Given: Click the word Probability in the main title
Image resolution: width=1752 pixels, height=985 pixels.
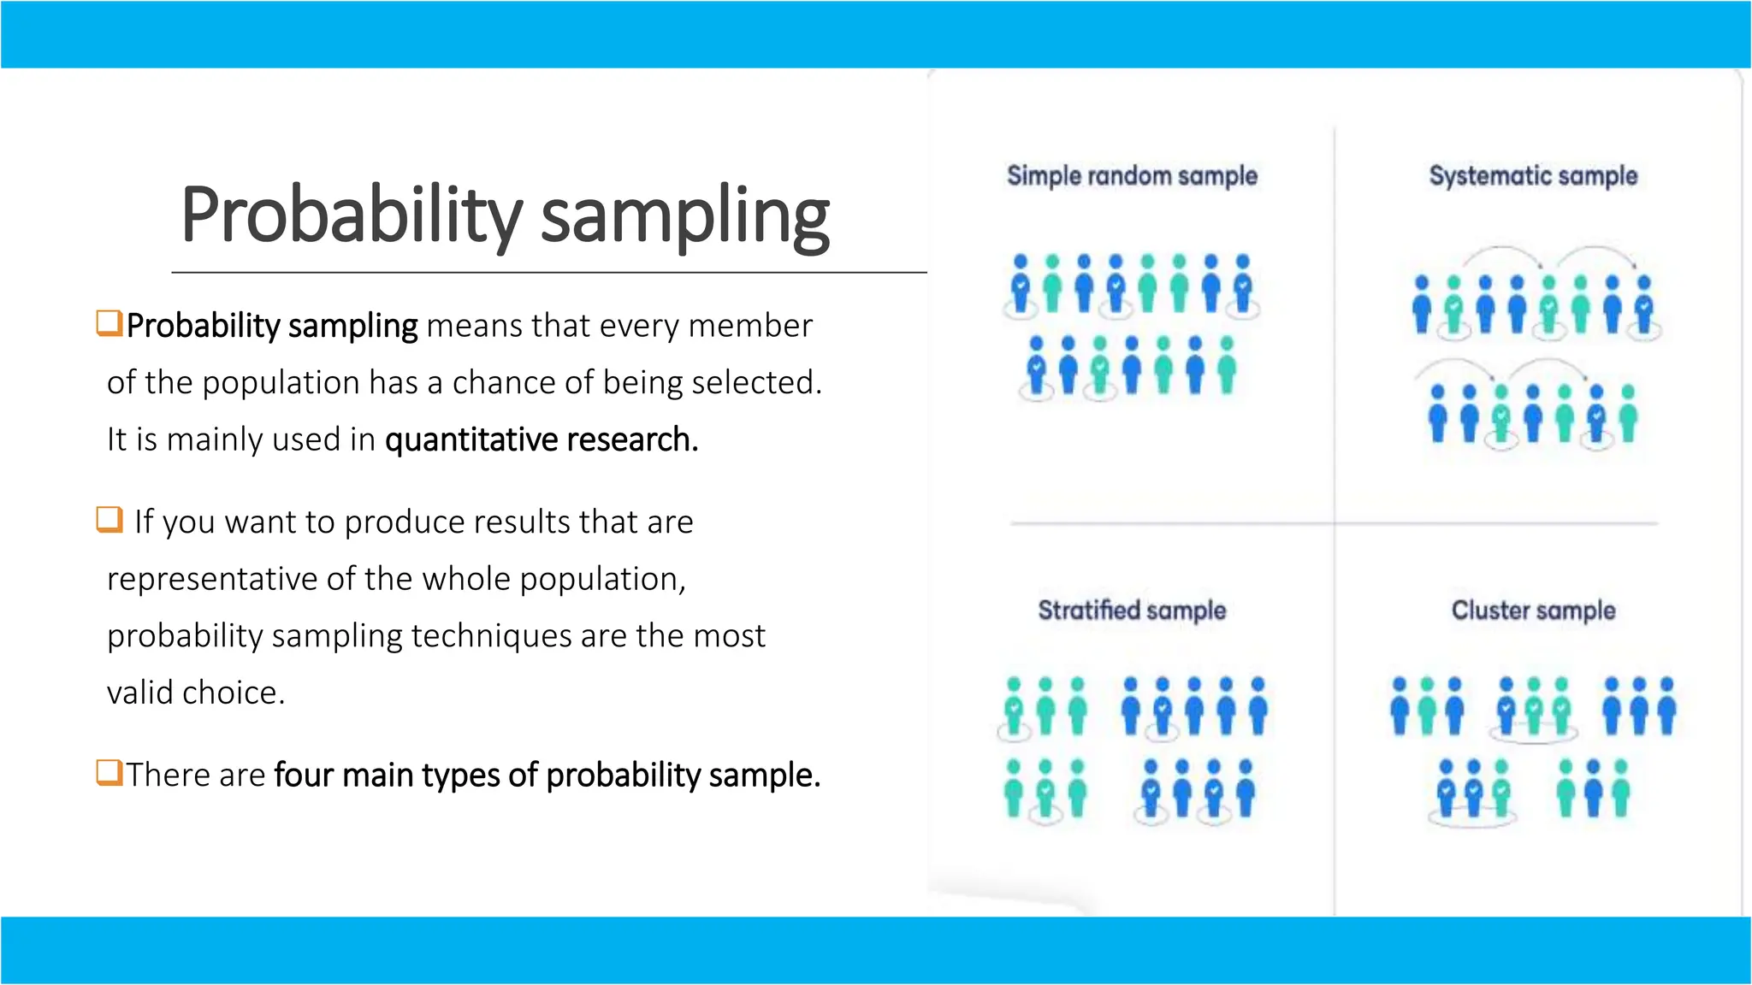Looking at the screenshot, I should [351, 215].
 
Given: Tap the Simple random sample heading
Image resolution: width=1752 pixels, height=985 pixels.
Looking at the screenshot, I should [1132, 176].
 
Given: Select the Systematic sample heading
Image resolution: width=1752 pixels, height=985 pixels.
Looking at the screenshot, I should [1533, 176].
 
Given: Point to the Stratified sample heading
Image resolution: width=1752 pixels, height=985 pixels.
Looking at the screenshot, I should [1132, 610].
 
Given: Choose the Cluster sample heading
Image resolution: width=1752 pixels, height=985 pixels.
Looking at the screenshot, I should [1533, 610].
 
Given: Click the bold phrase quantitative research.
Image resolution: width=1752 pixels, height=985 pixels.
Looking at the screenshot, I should [542, 439].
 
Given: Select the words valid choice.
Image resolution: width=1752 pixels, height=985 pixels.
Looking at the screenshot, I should [195, 693].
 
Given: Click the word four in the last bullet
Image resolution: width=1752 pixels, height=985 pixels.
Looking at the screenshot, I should [303, 775].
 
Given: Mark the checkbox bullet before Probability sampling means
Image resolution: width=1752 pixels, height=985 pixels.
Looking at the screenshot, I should [109, 323].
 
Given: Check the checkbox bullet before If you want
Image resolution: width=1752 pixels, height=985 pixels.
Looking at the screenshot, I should [109, 519].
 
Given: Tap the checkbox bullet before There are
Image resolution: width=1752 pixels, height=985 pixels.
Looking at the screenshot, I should [109, 772].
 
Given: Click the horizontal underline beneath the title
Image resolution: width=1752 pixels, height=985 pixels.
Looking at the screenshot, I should [548, 273].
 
